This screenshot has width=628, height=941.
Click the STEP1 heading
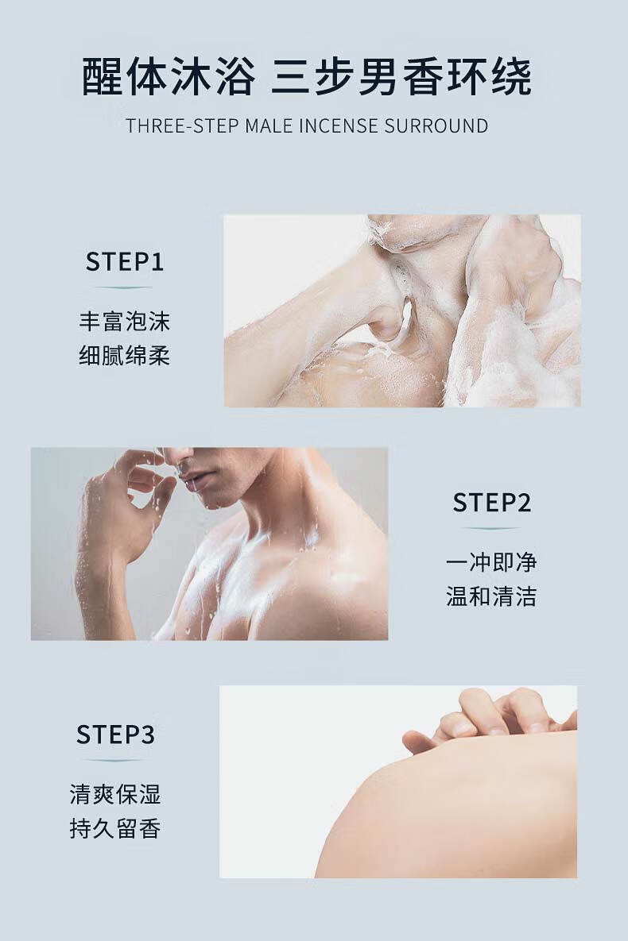pos(125,262)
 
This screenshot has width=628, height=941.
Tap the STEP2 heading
pos(491,503)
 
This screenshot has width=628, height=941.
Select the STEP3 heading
pos(115,735)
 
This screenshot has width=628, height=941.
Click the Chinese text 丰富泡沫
pos(125,322)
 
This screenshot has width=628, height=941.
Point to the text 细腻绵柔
pos(125,355)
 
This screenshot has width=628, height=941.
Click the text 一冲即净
pos(491,562)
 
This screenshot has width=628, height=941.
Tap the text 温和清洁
pos(491,596)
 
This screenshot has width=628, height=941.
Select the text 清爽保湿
pos(115,795)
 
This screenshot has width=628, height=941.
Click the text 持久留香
pos(115,829)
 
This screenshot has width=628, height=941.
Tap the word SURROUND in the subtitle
pos(436,125)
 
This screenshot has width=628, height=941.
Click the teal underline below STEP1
pos(125,287)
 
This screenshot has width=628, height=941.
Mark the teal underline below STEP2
pos(491,528)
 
